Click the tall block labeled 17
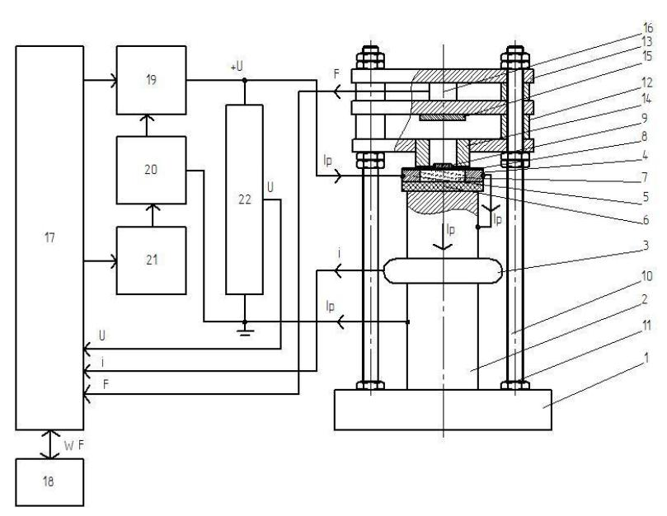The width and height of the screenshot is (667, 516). tap(49, 237)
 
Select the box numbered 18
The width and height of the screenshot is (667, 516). tap(49, 482)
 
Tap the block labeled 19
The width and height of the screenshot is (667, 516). tap(152, 80)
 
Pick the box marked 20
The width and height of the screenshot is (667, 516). tap(152, 170)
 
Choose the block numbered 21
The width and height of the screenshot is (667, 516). tap(152, 260)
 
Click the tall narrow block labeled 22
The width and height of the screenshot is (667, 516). tap(244, 199)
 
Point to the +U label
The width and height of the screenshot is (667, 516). tap(237, 67)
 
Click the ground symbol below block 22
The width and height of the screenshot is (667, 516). tap(245, 329)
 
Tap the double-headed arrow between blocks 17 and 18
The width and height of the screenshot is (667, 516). tap(50, 444)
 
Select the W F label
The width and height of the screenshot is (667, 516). tap(74, 445)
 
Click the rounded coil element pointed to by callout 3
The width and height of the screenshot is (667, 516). tap(443, 270)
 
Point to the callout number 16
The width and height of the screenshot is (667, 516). tap(647, 28)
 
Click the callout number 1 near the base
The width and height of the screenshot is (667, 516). tap(647, 358)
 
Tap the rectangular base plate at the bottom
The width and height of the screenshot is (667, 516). tap(443, 410)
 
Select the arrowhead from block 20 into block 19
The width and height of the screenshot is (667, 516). tap(147, 118)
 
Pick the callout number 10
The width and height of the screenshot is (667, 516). tap(646, 276)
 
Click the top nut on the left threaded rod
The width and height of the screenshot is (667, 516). tap(370, 58)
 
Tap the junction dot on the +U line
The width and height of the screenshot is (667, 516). tap(245, 80)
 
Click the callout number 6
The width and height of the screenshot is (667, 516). tap(646, 220)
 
